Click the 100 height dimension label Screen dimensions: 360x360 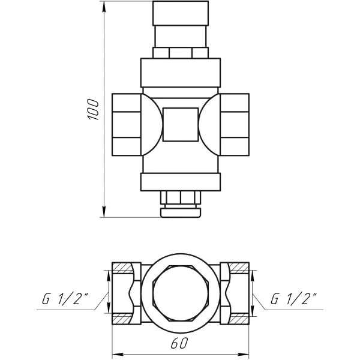91,109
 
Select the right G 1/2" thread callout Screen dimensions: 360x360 294,298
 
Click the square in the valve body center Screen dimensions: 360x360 180,124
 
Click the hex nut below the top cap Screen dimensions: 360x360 181,53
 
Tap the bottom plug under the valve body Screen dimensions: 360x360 181,204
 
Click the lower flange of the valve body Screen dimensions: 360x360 181,181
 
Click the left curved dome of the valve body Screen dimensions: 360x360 153,124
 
